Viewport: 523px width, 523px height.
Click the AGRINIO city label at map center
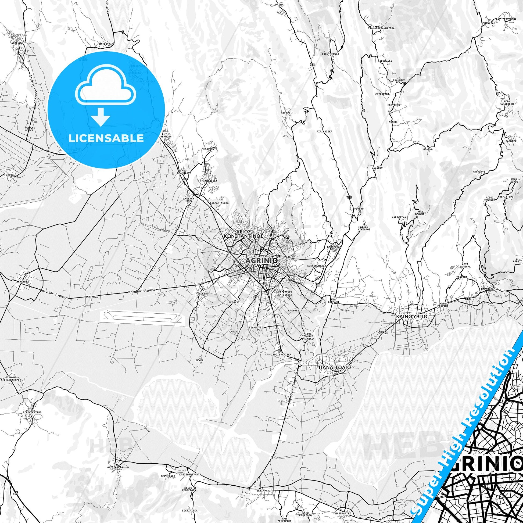261,260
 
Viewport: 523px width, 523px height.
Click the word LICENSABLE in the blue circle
106,138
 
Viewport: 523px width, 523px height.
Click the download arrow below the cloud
100,117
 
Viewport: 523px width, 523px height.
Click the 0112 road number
384,332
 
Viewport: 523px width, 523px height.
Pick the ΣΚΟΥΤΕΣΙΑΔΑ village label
331,54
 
